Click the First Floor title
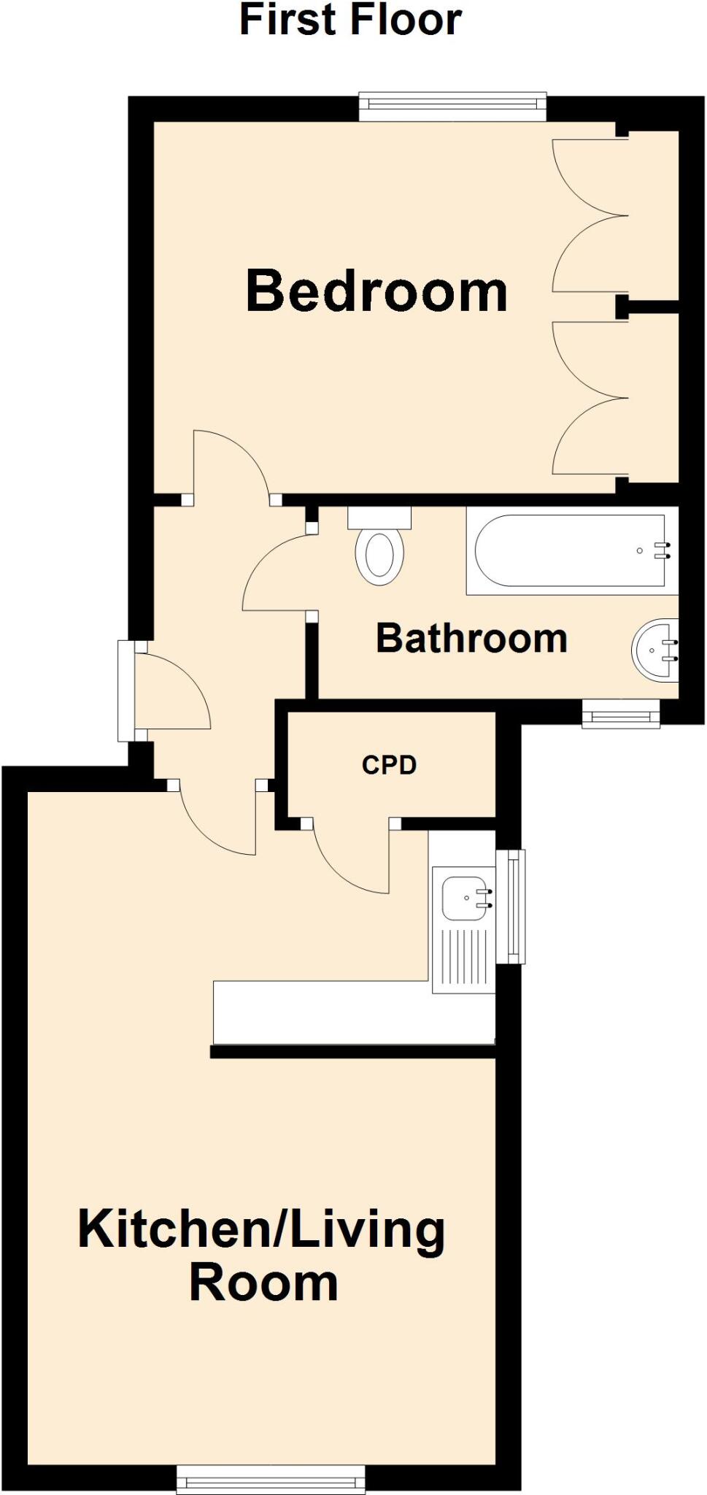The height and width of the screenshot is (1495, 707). tap(350, 20)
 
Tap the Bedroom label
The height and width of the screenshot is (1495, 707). tap(376, 291)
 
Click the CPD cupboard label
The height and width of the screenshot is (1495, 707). tap(389, 764)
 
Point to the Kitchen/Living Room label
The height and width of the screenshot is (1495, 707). tap(262, 1255)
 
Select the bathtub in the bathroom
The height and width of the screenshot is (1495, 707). tap(570, 551)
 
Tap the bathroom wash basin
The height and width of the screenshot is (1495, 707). tap(655, 650)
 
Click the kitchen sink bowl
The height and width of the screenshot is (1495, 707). tap(464, 899)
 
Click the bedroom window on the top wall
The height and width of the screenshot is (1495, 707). tap(452, 106)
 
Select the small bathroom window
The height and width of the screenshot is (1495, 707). tap(621, 714)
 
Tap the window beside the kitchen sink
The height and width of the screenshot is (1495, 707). tap(515, 906)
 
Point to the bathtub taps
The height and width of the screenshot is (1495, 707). tap(662, 550)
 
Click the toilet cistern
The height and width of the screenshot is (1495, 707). tap(379, 518)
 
